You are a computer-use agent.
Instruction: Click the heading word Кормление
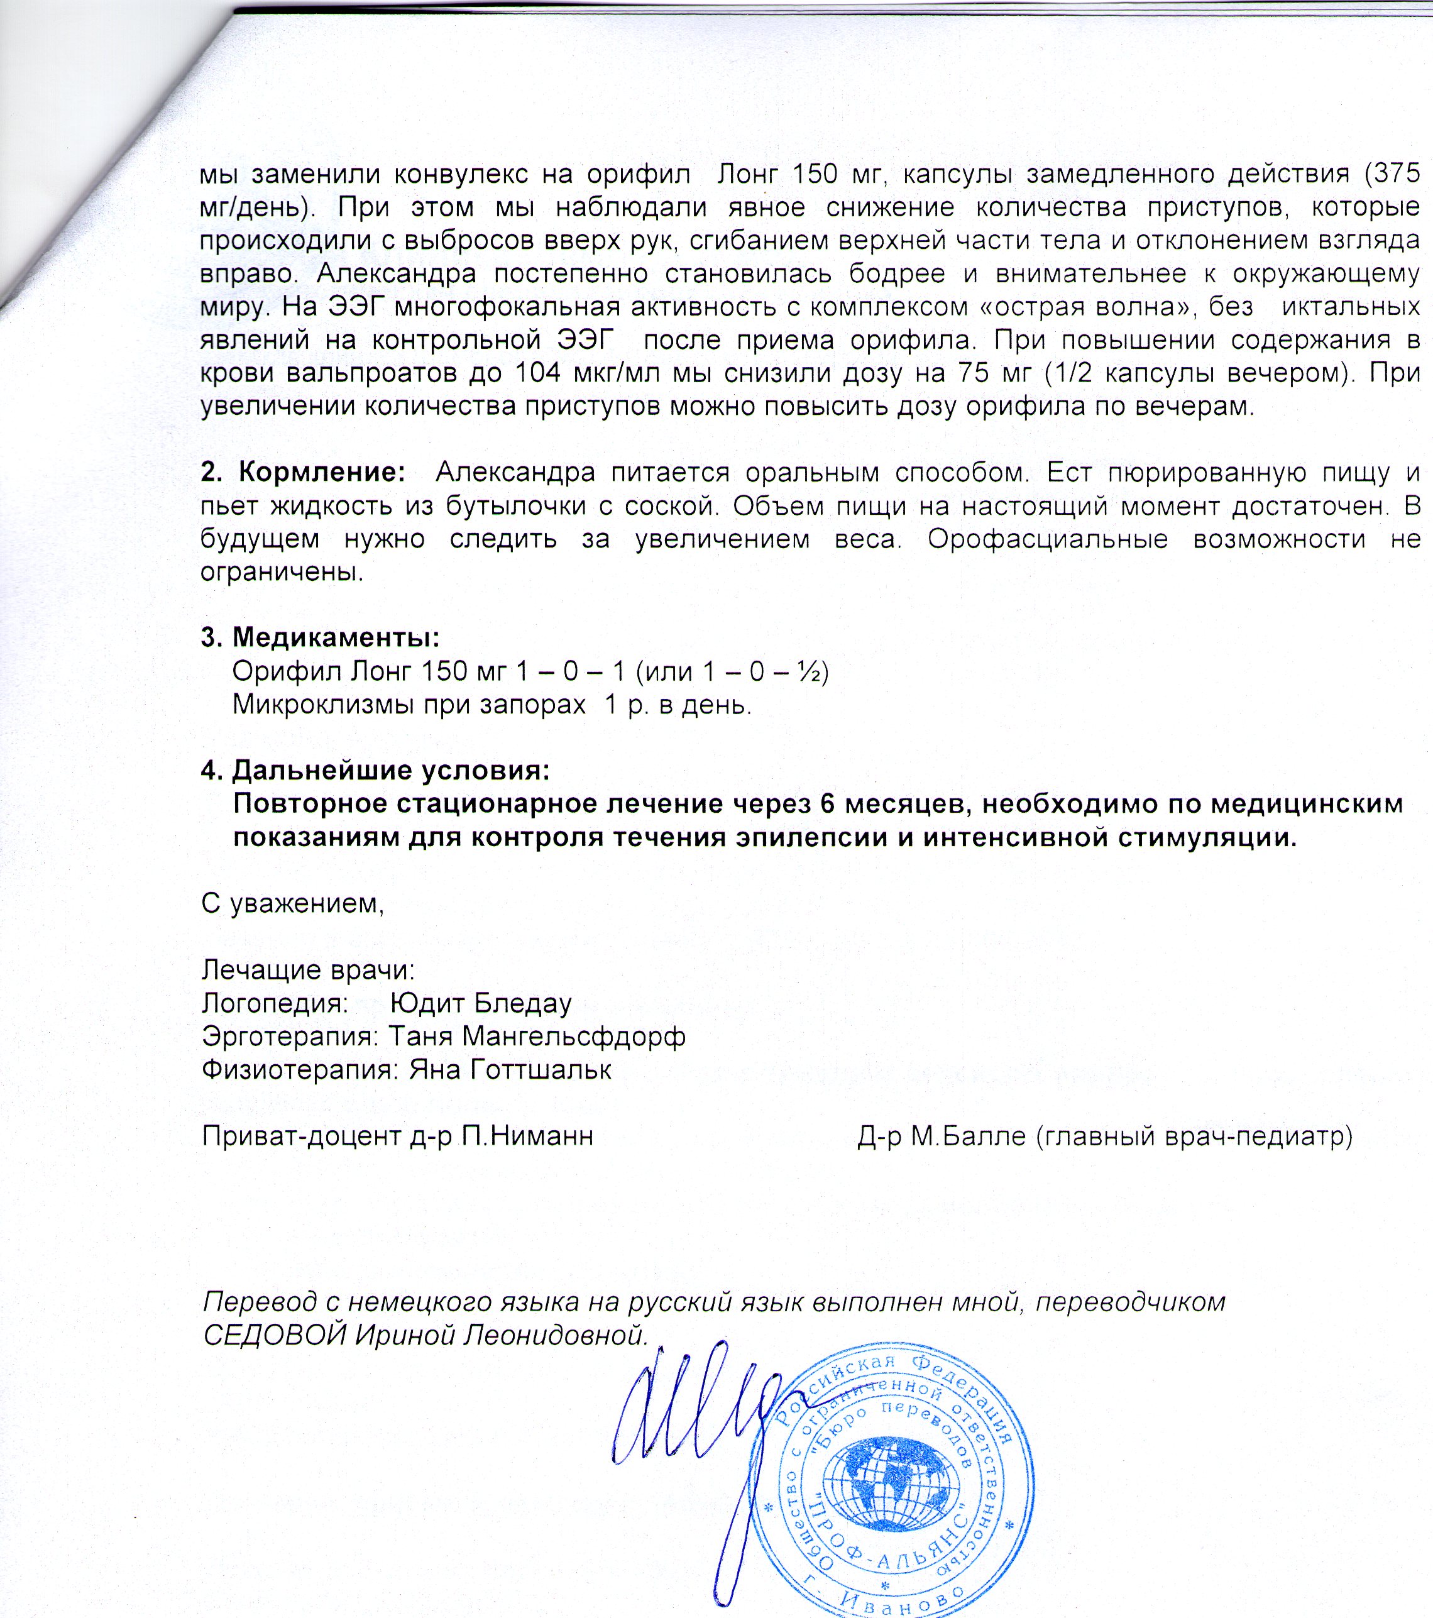coord(321,473)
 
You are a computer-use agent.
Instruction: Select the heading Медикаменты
coord(336,637)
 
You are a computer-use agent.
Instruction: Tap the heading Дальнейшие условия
coord(391,769)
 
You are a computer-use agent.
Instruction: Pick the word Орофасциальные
coord(1048,539)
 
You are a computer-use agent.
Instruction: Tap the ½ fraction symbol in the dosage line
coord(810,671)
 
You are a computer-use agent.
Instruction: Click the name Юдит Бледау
coord(481,1003)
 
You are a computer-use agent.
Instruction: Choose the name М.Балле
coord(969,1136)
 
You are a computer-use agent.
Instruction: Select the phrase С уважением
coord(292,903)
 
